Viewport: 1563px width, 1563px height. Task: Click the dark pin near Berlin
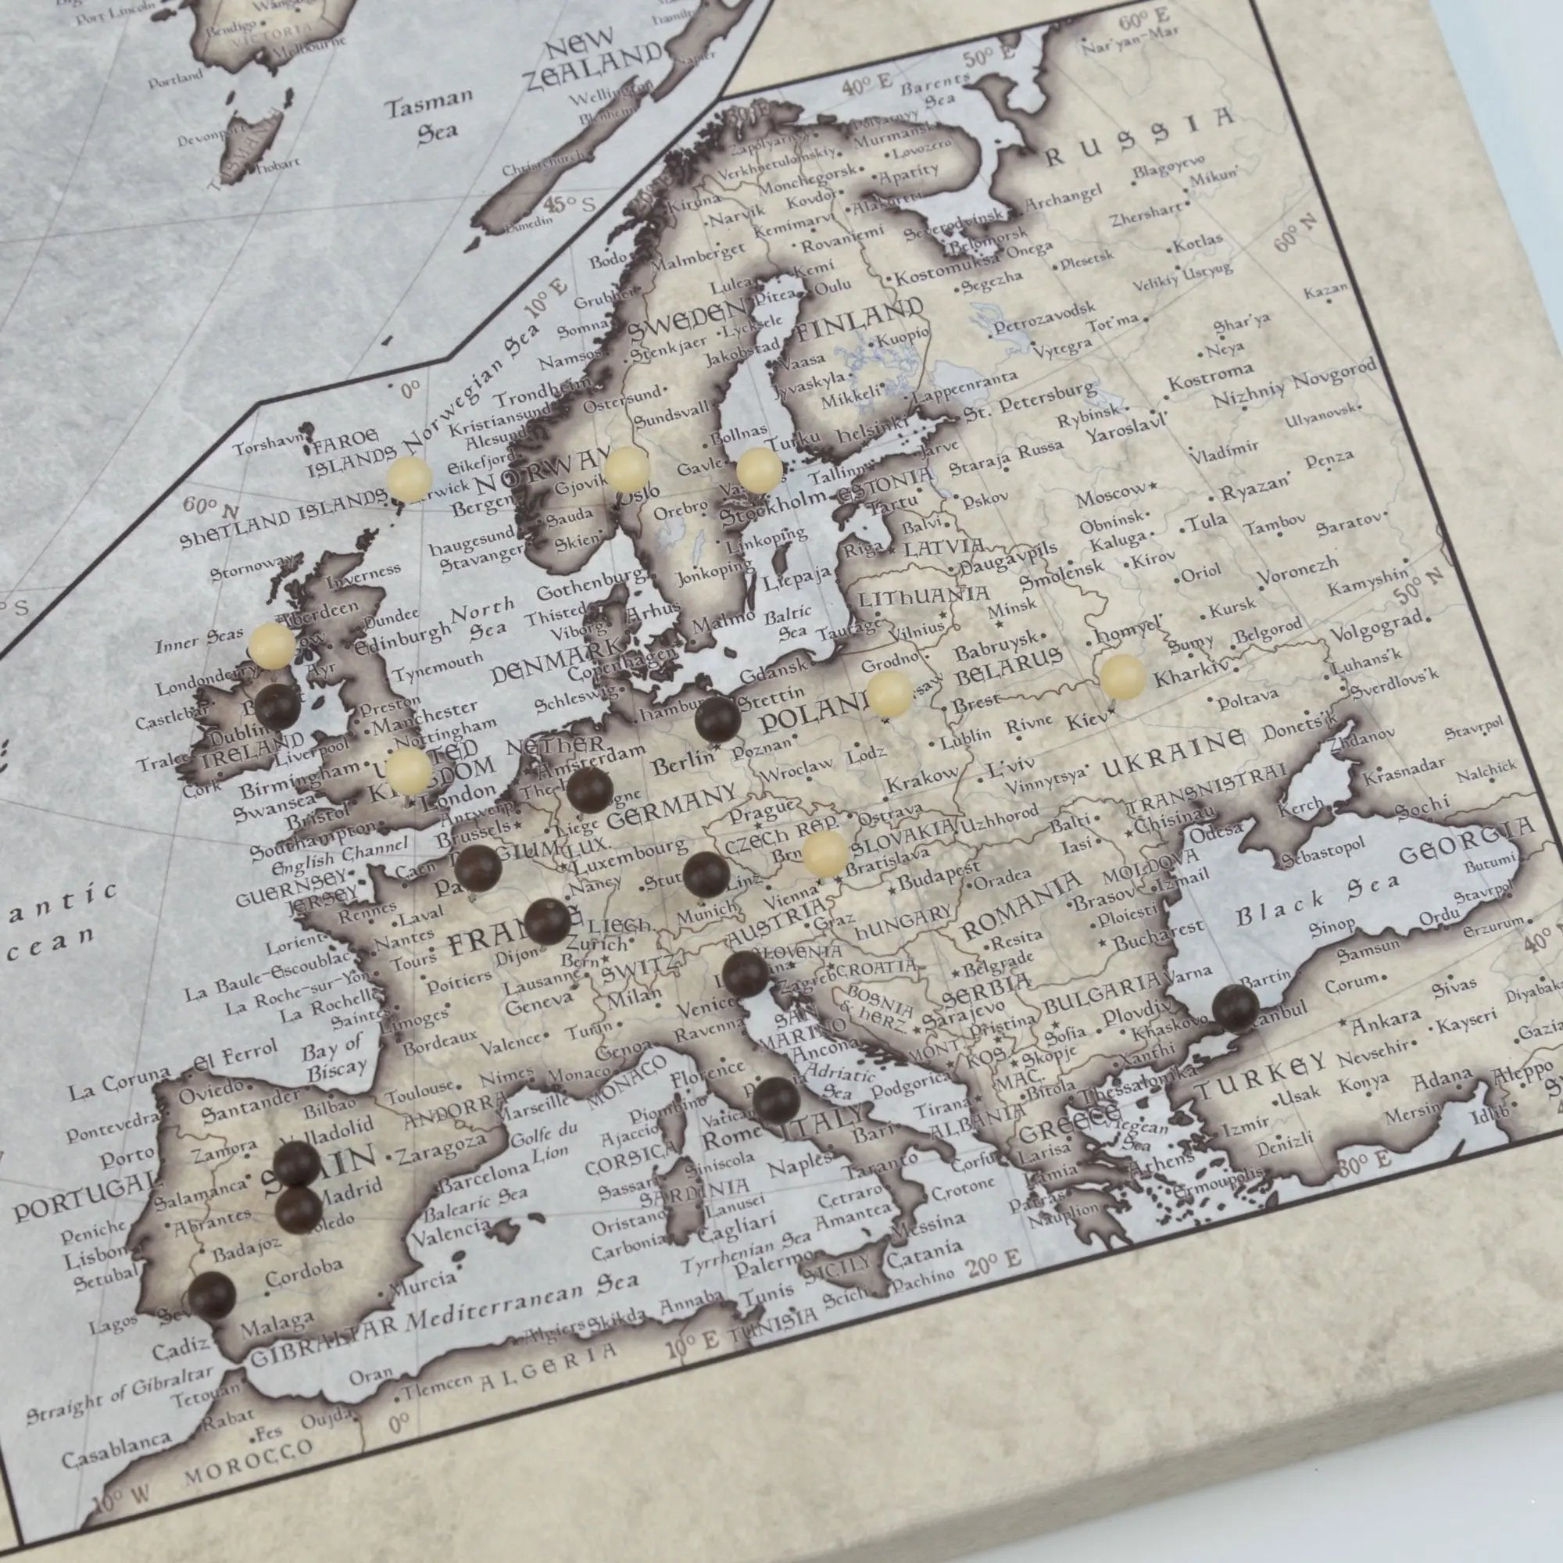click(x=717, y=719)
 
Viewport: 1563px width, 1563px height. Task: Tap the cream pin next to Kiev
click(x=1123, y=677)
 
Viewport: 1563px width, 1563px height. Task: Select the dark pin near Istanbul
click(x=1236, y=1008)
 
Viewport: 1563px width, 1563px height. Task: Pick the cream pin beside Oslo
click(x=627, y=470)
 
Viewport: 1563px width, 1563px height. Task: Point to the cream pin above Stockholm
click(x=759, y=470)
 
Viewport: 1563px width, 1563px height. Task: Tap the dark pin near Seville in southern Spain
click(x=212, y=1295)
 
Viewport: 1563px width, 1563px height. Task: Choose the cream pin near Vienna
click(x=825, y=853)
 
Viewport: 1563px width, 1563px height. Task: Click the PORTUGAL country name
click(x=81, y=1203)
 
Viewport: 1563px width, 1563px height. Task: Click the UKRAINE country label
click(x=1173, y=753)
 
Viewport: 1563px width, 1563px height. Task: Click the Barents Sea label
click(x=936, y=91)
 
